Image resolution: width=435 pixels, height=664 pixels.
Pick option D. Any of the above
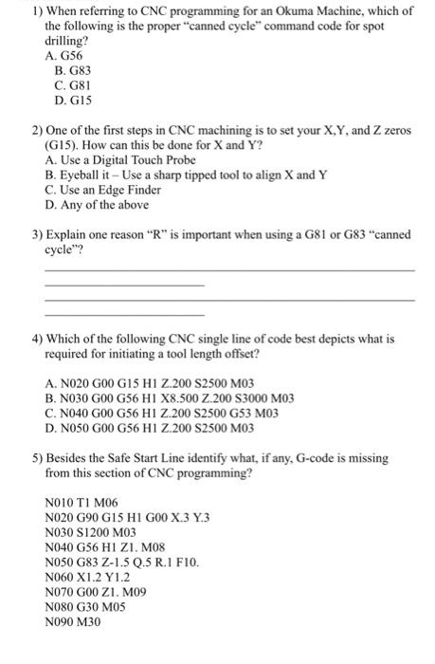point(96,204)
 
